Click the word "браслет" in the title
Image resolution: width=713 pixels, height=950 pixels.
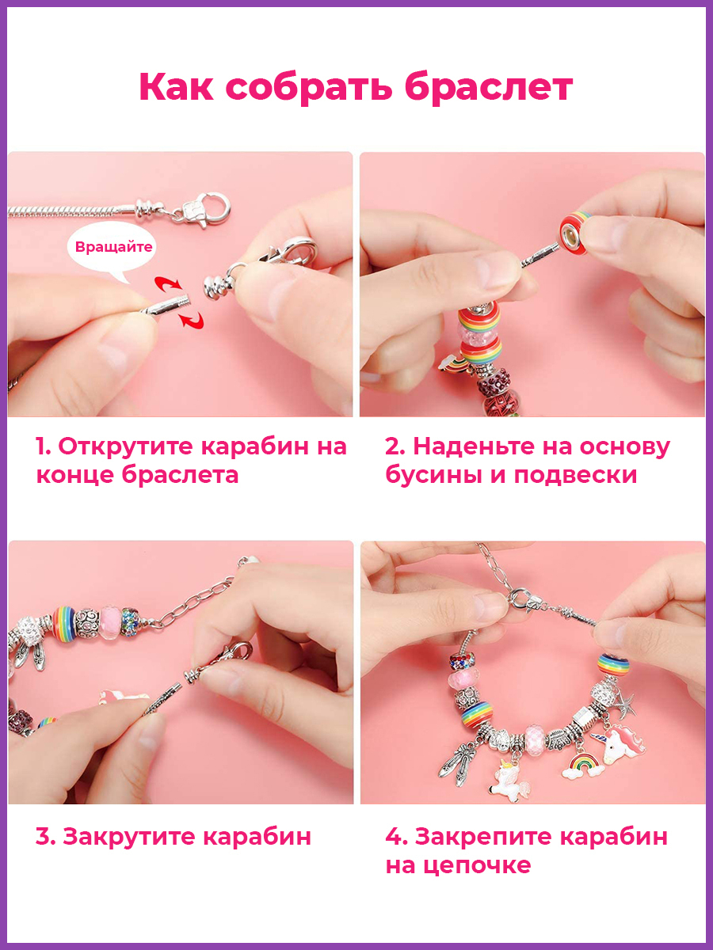pos(489,88)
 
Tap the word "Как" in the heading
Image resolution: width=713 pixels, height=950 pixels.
pos(176,87)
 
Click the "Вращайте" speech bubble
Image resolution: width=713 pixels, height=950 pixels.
pos(111,248)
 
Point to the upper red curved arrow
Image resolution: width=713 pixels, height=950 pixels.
pos(168,283)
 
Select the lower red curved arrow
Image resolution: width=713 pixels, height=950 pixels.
pos(192,320)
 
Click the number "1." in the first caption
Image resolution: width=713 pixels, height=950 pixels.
pos(44,446)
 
